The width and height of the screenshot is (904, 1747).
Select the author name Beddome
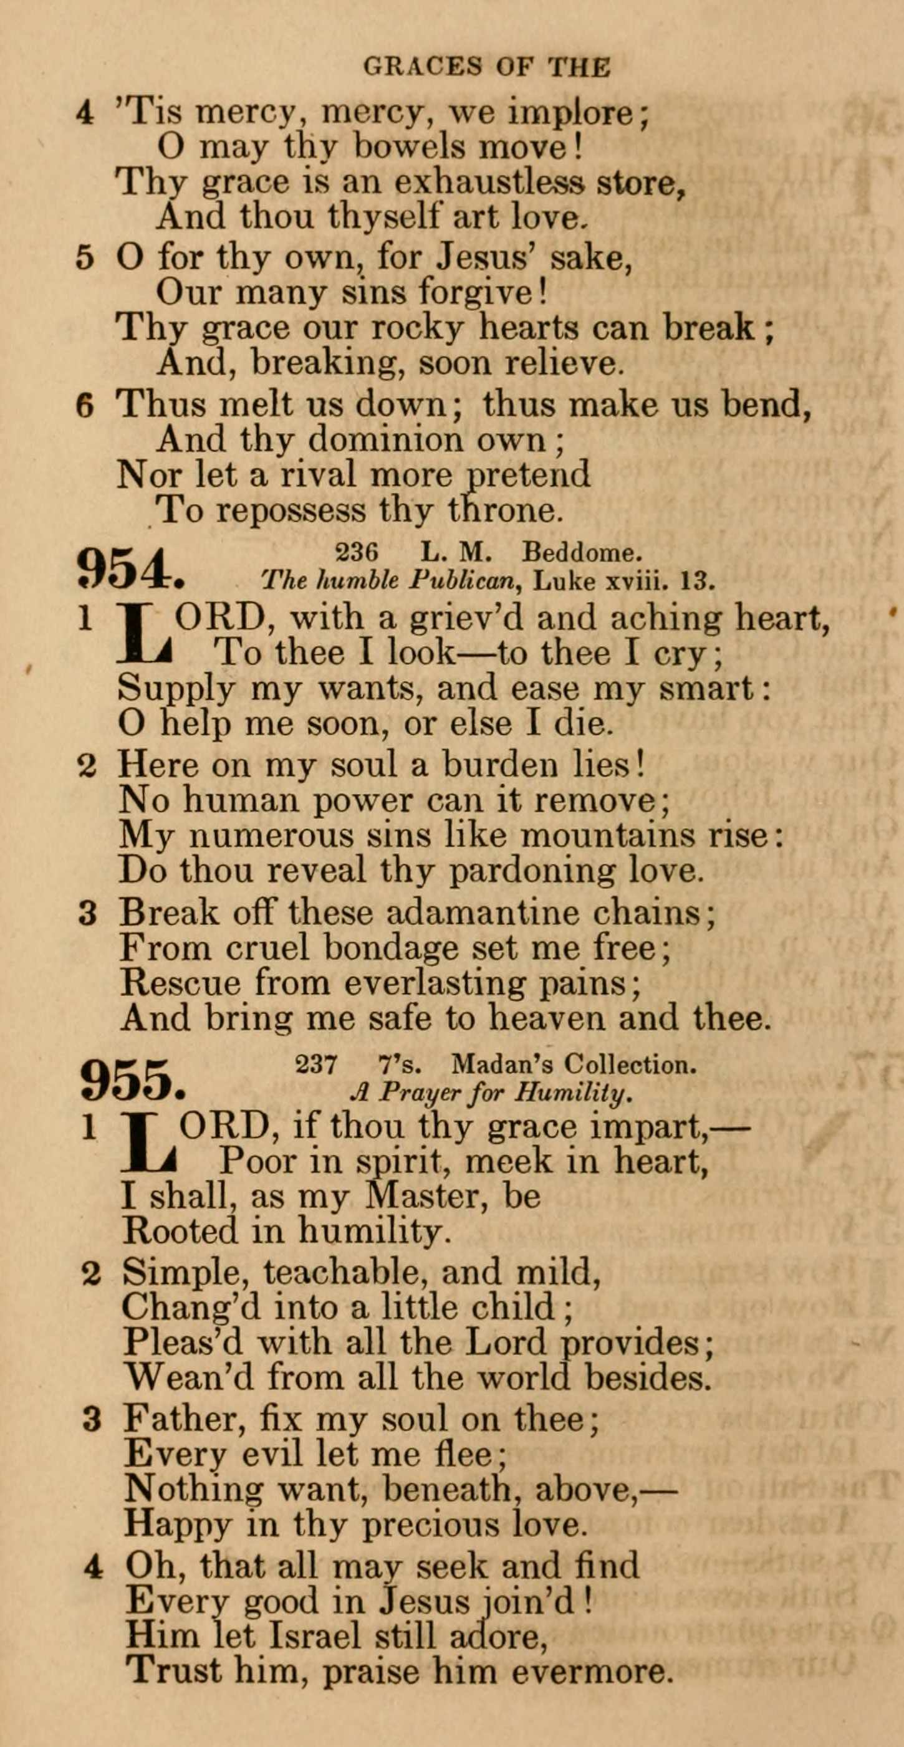(x=580, y=553)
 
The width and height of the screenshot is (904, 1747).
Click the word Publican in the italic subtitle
(x=463, y=580)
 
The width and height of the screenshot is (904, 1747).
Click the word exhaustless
(x=489, y=183)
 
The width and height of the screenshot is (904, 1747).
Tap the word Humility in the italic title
(x=572, y=1093)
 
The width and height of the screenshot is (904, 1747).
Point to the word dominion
(x=386, y=439)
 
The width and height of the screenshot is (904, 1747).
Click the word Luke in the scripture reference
(x=564, y=582)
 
